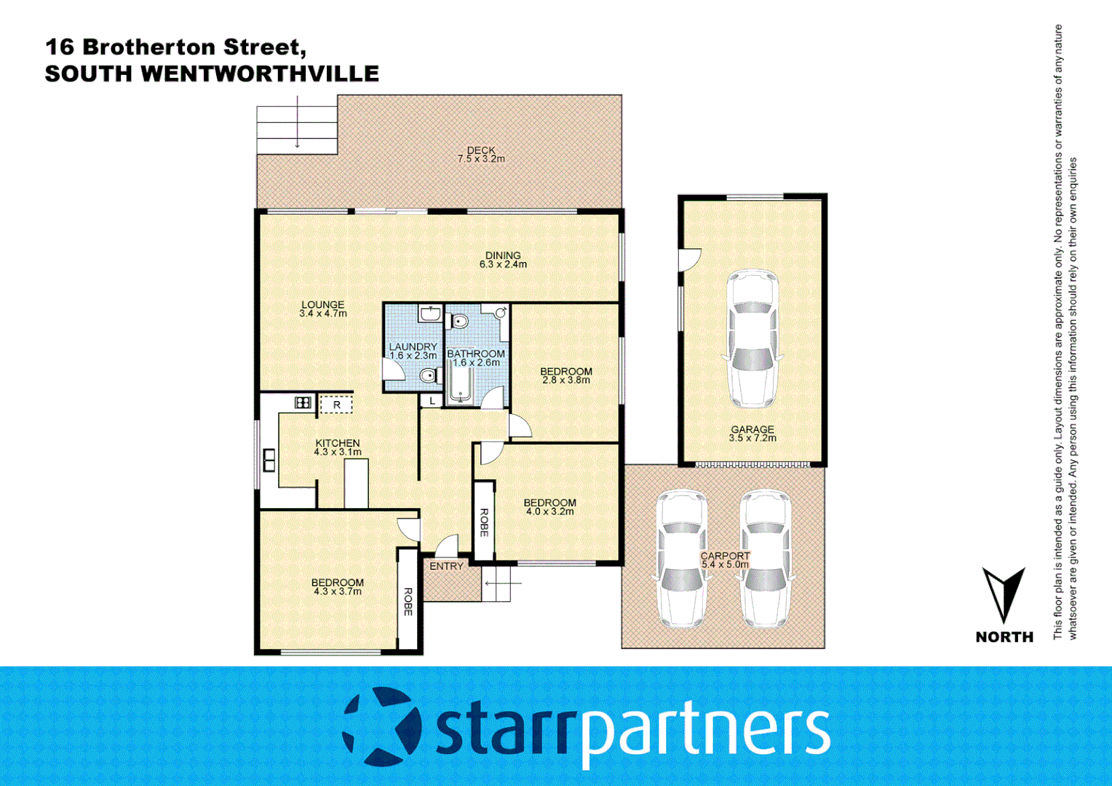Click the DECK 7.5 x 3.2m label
click(480, 154)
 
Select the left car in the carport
click(681, 559)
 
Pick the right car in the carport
click(765, 559)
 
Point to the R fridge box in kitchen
click(336, 405)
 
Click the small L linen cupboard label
click(432, 401)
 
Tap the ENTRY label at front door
click(446, 566)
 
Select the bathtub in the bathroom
click(461, 383)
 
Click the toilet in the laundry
click(429, 376)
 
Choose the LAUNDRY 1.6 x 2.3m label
click(413, 351)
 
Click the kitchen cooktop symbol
click(303, 402)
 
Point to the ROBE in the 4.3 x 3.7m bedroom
click(408, 602)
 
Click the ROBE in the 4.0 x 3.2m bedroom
click(484, 523)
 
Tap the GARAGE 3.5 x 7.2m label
click(752, 434)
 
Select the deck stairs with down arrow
click(297, 129)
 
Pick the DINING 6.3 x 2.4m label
click(503, 260)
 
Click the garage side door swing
click(688, 260)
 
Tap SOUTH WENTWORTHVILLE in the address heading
click(212, 74)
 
